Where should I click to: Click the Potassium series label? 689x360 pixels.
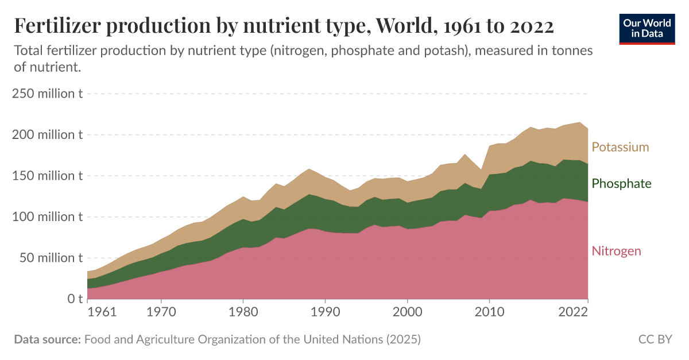click(620, 147)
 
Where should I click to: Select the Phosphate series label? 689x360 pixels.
click(621, 184)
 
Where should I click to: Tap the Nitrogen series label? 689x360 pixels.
click(616, 251)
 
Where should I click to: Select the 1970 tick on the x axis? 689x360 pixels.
click(161, 313)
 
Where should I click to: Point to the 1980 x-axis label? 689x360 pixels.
click(243, 313)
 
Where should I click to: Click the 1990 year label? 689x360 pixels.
click(325, 313)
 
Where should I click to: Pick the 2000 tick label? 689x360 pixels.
click(407, 313)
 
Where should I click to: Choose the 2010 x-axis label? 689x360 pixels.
click(489, 313)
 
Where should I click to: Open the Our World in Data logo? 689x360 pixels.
click(647, 28)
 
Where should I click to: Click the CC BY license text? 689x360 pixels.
click(655, 339)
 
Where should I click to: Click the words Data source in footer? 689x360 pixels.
click(47, 339)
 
